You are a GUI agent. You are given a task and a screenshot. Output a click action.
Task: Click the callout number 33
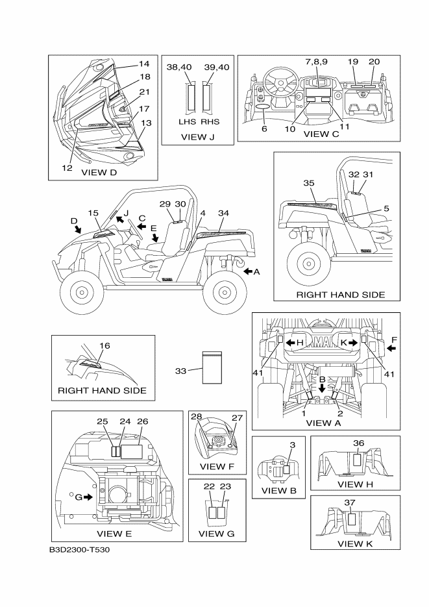pos(182,371)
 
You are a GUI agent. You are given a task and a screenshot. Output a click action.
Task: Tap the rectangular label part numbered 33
pos(212,368)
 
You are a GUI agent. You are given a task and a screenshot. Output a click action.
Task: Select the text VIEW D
pos(99,173)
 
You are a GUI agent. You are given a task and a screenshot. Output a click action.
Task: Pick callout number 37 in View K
pos(350,502)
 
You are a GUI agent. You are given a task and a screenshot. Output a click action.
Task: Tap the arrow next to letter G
pos(88,497)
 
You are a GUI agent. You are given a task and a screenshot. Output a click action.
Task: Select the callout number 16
pos(104,345)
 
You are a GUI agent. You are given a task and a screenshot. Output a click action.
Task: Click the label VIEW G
pos(211,534)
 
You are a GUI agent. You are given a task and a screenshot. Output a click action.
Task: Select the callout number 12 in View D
pos(67,167)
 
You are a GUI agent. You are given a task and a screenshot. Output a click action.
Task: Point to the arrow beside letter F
pos(391,348)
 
